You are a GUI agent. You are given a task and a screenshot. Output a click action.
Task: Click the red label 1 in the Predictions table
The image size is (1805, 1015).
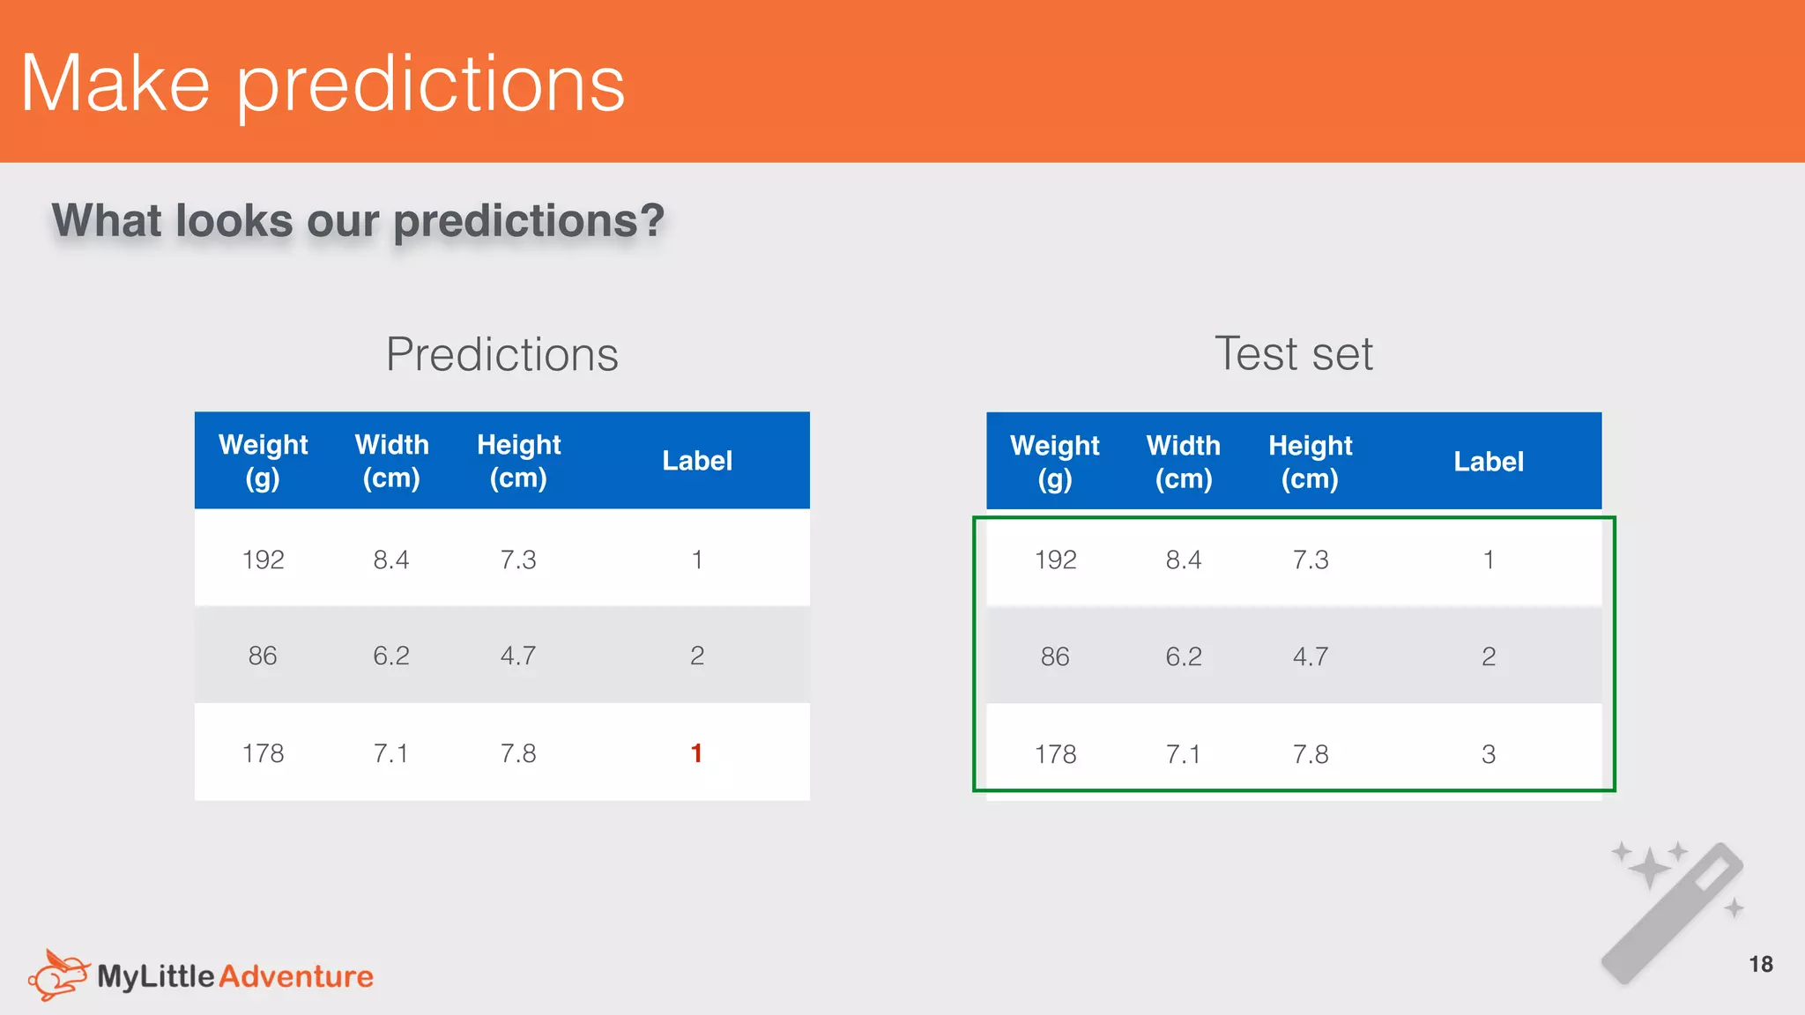696,753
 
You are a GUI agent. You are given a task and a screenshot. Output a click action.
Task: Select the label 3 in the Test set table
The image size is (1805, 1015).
1488,754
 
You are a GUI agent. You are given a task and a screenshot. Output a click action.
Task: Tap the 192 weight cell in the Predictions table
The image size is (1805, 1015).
263,559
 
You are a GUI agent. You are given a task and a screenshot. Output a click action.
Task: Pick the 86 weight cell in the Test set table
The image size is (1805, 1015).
1054,656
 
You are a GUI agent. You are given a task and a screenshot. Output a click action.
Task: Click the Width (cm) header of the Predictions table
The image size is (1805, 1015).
391,461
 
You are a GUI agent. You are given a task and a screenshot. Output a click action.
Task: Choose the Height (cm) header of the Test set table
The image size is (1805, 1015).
1310,462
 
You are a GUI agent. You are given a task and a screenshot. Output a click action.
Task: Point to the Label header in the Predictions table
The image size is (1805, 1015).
696,461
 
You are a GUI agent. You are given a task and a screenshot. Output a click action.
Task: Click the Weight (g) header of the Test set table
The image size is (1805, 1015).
1054,462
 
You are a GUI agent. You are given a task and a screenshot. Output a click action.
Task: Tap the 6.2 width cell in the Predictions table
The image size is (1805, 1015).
390,656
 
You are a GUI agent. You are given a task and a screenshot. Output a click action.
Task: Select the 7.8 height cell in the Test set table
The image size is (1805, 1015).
1310,754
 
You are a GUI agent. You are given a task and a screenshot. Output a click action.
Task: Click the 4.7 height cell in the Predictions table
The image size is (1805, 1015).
517,656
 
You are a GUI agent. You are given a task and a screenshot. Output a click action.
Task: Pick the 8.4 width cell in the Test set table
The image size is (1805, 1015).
1183,559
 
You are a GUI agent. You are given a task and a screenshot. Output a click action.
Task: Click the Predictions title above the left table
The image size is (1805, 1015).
501,354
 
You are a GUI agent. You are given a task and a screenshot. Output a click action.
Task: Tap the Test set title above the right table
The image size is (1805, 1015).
1293,354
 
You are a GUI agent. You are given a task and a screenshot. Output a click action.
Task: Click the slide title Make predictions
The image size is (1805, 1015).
323,84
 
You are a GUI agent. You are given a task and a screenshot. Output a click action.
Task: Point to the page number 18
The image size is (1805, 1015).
1760,964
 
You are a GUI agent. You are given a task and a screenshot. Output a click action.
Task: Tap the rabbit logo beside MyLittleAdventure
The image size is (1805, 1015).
58,974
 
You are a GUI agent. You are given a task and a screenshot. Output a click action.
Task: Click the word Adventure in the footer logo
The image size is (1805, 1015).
296,976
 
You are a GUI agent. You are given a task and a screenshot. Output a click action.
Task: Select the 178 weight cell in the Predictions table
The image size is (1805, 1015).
263,753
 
